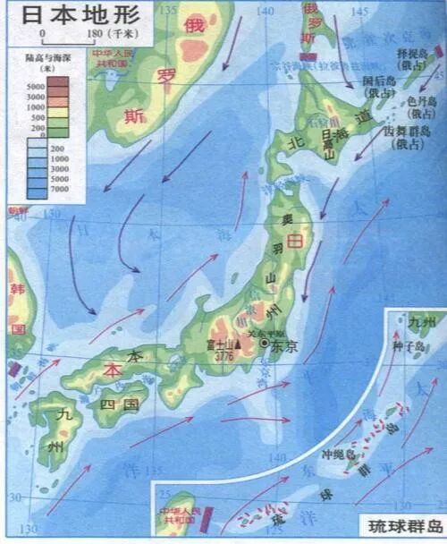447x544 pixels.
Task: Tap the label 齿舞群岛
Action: [411, 134]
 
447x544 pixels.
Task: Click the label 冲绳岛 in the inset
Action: [339, 454]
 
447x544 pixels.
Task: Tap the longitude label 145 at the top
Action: [359, 11]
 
